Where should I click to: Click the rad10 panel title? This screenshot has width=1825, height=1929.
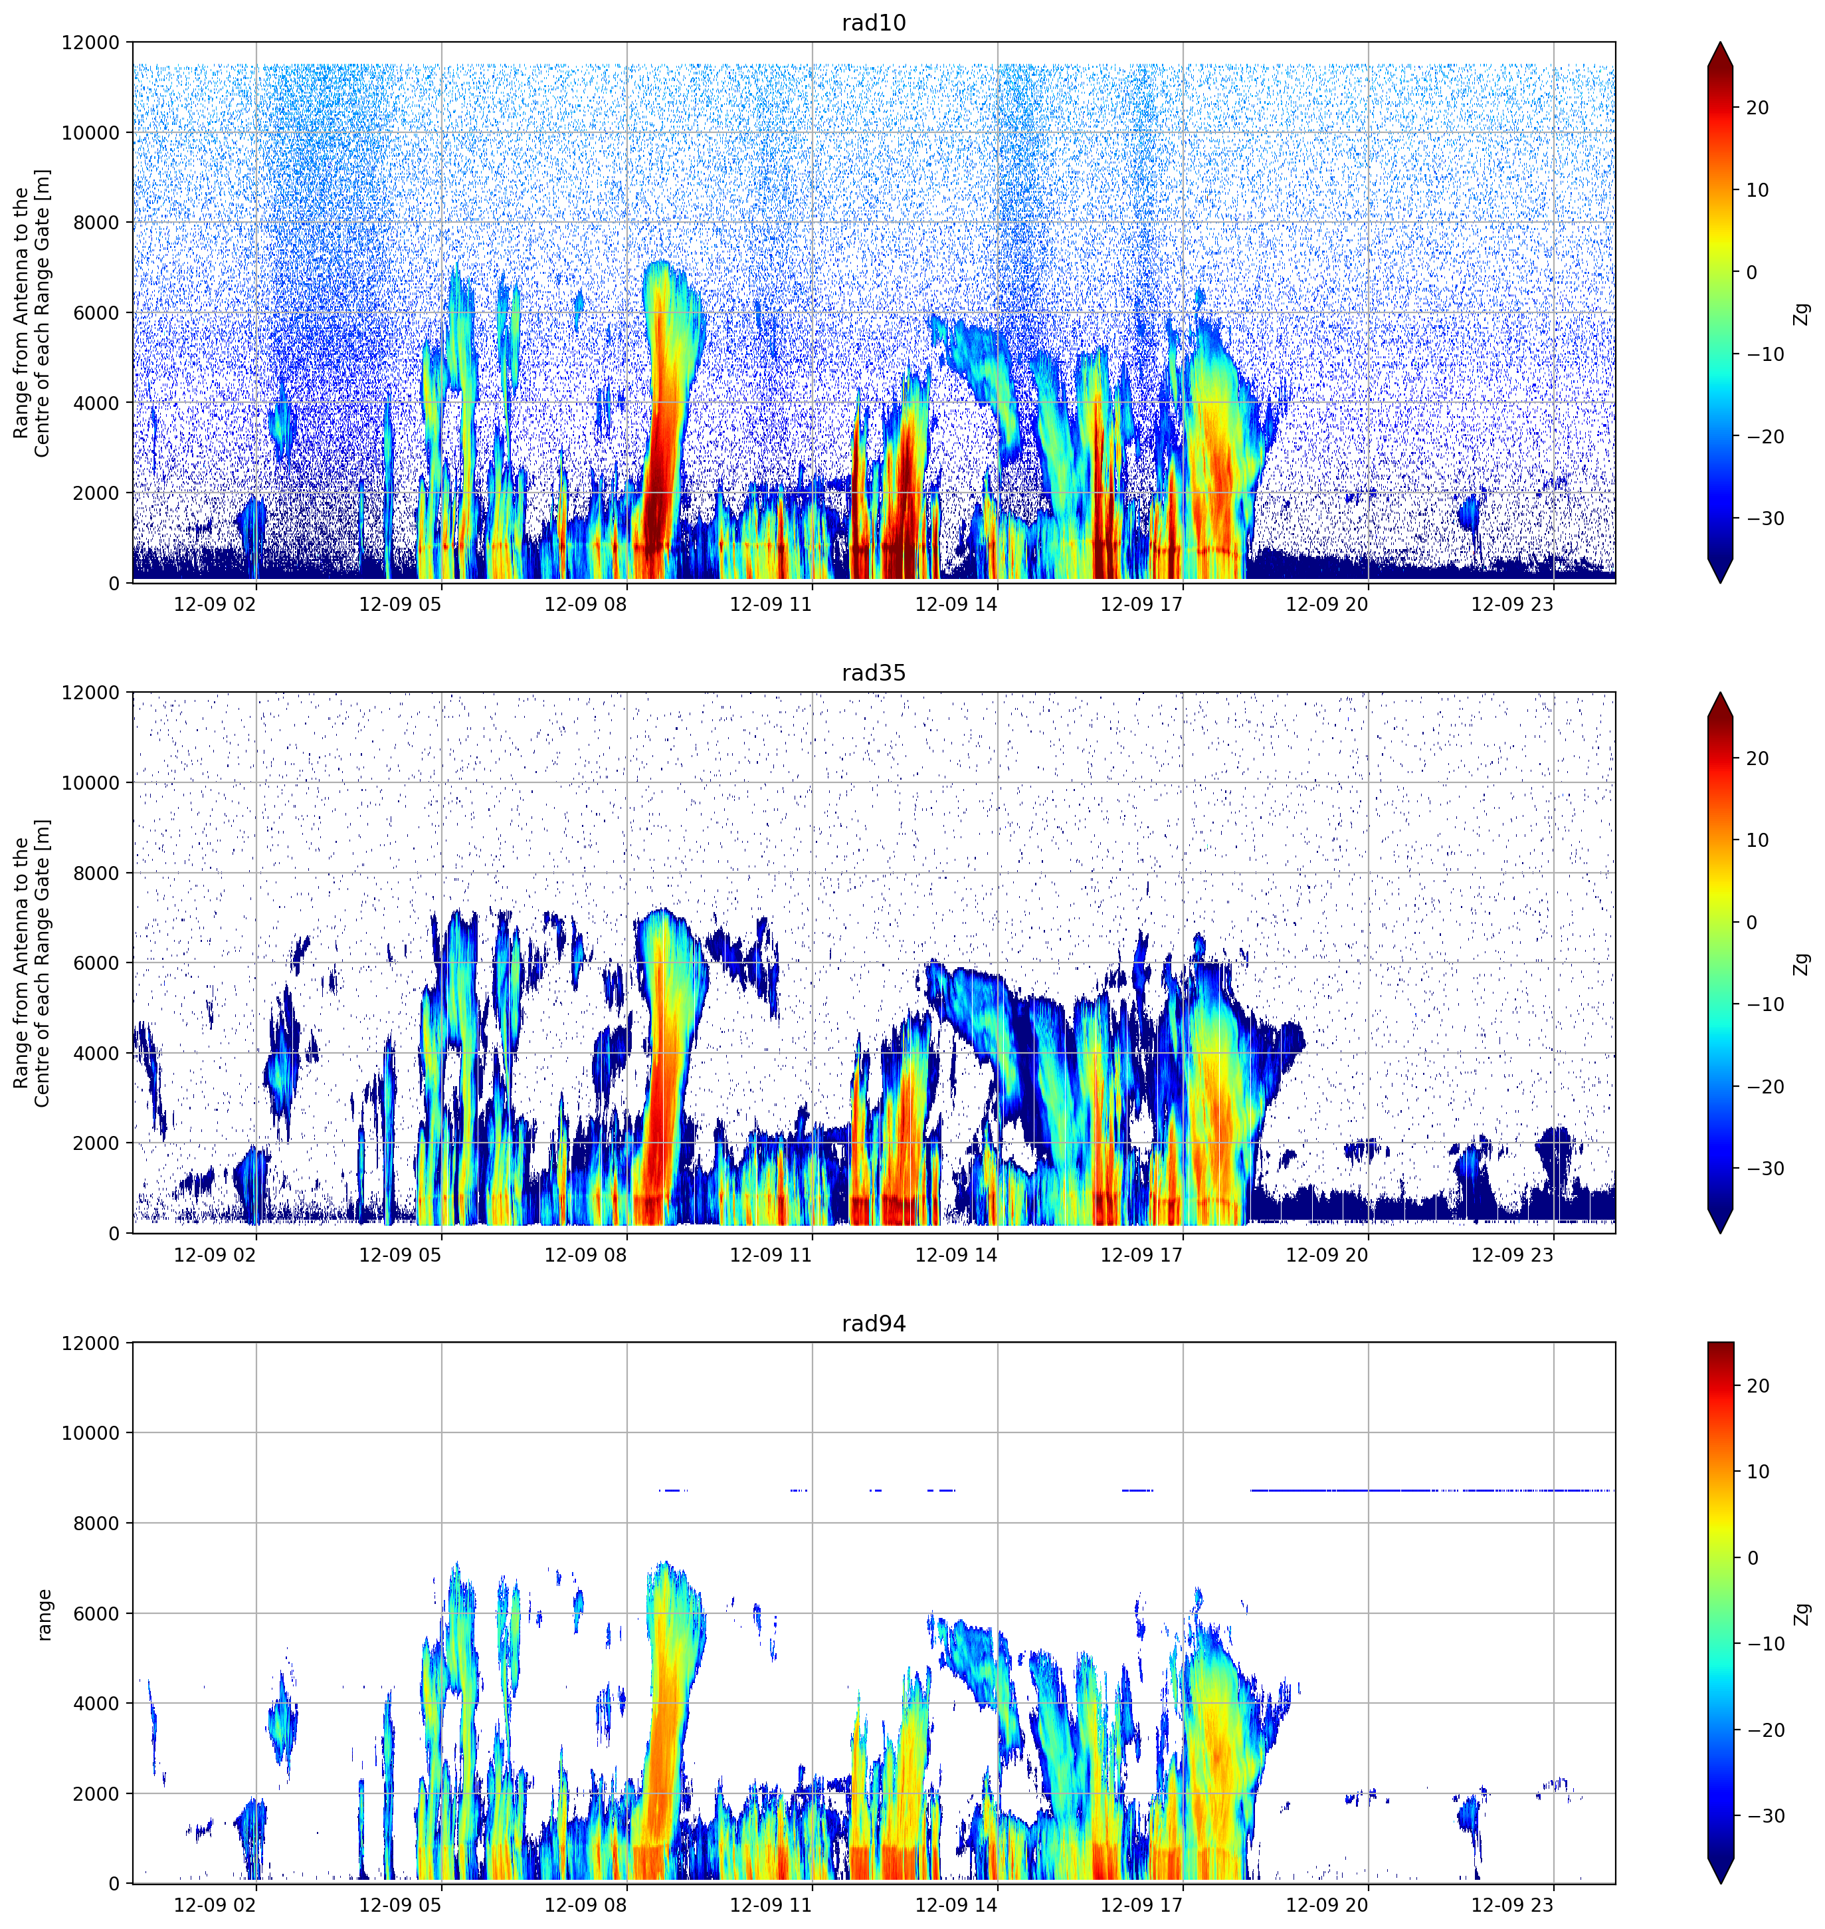coord(874,23)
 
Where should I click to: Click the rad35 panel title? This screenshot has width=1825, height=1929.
coord(874,673)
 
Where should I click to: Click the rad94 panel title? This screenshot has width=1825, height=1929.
coord(874,1323)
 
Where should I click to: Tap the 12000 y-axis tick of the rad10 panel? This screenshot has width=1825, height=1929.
coord(92,43)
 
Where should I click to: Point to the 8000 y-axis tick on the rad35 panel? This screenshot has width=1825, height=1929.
coord(97,873)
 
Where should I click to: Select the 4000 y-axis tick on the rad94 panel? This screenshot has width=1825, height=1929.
coord(97,1703)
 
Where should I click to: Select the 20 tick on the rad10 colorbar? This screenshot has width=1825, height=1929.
coord(1757,108)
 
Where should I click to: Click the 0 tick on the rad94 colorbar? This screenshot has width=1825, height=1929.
coord(1752,1558)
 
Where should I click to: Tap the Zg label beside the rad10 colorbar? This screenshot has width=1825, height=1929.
coord(1802,313)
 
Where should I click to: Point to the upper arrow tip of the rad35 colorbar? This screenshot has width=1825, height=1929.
coord(1720,693)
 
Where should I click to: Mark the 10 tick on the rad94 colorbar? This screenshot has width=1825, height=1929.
coord(1757,1472)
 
